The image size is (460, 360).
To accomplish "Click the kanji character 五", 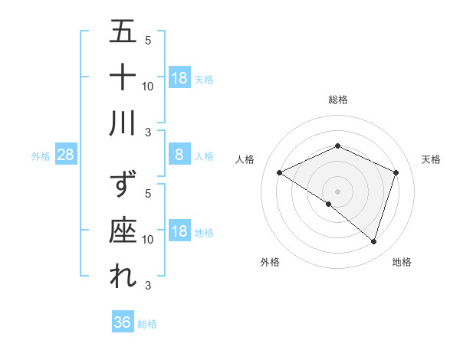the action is click(123, 34).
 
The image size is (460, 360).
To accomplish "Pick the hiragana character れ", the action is click(123, 277).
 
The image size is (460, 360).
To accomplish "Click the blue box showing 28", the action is click(66, 155).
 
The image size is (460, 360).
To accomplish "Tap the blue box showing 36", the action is click(122, 322).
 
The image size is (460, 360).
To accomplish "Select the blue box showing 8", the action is click(179, 155).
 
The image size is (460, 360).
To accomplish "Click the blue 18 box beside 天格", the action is click(179, 77).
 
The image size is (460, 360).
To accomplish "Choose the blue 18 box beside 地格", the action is click(179, 232).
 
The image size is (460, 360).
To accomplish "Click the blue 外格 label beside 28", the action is click(41, 155).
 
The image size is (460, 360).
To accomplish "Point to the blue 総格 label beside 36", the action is click(147, 323).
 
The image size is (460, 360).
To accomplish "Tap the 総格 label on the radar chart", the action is click(337, 100).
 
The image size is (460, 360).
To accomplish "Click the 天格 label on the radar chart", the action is click(431, 159).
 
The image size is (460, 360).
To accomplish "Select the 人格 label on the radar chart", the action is click(245, 159).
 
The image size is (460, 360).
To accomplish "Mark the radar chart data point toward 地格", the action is click(373, 241).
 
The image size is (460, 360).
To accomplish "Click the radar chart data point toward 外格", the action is click(329, 204).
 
